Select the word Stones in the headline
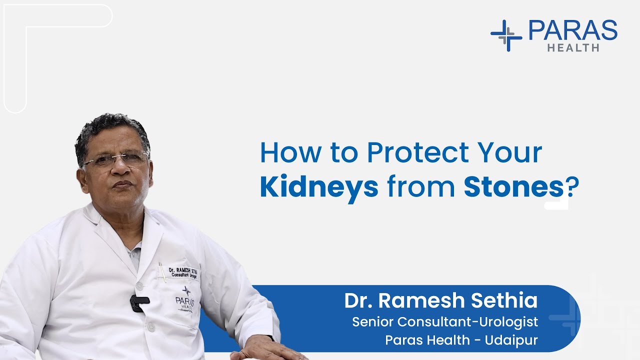pyautogui.click(x=513, y=187)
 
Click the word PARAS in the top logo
pyautogui.click(x=572, y=30)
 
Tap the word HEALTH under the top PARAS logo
pyautogui.click(x=573, y=48)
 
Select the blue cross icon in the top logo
pyautogui.click(x=506, y=35)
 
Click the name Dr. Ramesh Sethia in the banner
pyautogui.click(x=440, y=300)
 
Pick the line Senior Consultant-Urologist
pyautogui.click(x=445, y=321)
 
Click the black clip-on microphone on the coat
pyautogui.click(x=139, y=301)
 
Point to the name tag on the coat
pyautogui.click(x=183, y=271)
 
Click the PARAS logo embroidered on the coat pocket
pyautogui.click(x=185, y=299)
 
